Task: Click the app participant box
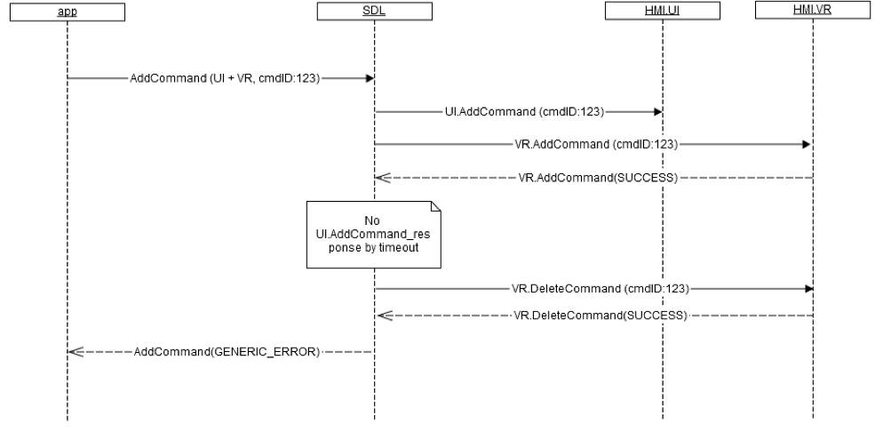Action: (68, 12)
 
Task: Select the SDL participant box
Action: (374, 12)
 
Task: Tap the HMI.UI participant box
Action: (662, 12)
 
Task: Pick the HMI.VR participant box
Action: (813, 12)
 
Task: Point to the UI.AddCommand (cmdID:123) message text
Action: (524, 113)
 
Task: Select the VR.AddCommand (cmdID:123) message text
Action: (597, 143)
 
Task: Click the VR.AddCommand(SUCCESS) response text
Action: (598, 178)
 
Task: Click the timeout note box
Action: (374, 233)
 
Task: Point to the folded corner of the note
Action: (435, 207)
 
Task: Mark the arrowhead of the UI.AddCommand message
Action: (657, 113)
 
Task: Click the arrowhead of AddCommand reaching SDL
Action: (369, 78)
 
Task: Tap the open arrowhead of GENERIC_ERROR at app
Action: (75, 351)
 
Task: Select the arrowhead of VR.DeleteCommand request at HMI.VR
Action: (807, 289)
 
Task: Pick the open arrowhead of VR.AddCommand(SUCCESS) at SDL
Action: (381, 178)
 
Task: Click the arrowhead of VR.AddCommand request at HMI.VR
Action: (807, 143)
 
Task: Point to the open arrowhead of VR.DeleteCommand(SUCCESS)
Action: (381, 316)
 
